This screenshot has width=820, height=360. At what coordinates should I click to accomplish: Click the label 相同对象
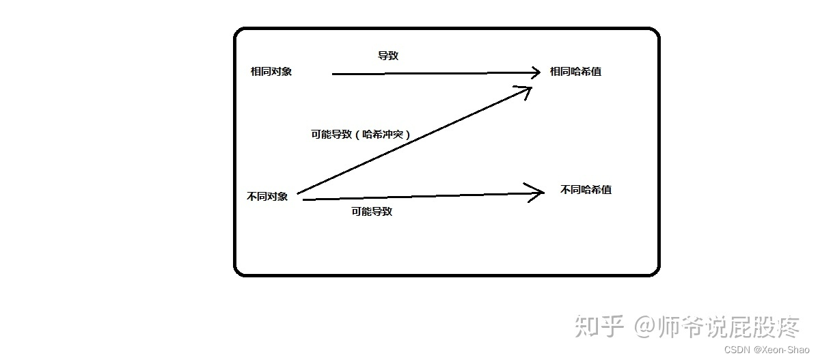271,72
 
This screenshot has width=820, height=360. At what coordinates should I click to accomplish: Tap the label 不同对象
267,197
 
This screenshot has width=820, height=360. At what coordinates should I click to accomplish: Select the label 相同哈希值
575,72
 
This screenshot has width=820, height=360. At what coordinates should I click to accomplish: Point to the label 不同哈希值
586,190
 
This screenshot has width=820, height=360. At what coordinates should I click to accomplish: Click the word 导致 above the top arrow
388,56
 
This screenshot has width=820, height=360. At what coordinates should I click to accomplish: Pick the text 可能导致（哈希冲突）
361,135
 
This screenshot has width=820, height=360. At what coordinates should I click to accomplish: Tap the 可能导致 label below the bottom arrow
372,212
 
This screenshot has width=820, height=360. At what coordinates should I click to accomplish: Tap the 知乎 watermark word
600,326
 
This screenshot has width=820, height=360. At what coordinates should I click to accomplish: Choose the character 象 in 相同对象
287,72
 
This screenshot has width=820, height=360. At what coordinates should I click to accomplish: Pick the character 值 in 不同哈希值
606,190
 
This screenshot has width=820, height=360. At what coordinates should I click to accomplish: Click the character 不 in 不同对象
251,197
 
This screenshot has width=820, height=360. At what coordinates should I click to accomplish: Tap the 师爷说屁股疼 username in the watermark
730,326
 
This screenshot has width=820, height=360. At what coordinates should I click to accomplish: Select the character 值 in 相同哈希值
597,72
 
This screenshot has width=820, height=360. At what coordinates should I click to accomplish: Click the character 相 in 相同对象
256,72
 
